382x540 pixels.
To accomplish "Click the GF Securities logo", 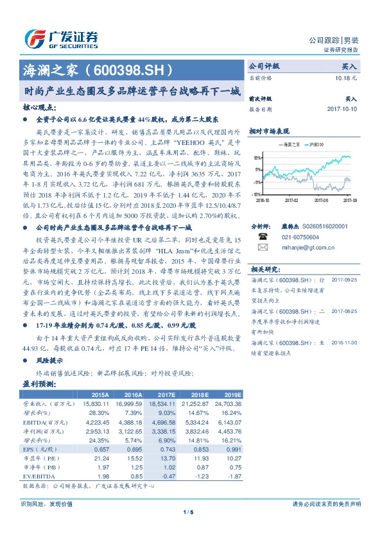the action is coord(61,38).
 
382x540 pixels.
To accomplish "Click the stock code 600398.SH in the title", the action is coord(139,67).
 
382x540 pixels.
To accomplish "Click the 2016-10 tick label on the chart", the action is coord(262,200).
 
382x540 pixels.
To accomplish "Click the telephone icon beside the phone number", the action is coord(263,235).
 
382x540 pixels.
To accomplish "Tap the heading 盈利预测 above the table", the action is coord(40,384).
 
